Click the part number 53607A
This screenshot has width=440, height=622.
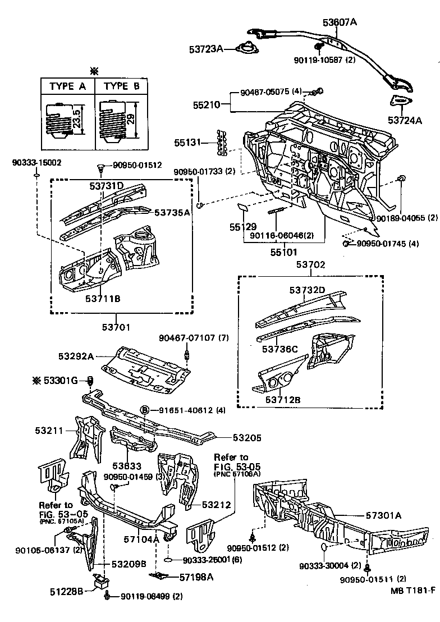click(340, 22)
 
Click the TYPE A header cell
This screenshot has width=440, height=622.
click(68, 86)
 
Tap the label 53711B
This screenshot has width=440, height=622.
click(103, 298)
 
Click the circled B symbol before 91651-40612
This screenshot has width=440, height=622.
click(144, 410)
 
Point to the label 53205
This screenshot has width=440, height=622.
click(247, 438)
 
